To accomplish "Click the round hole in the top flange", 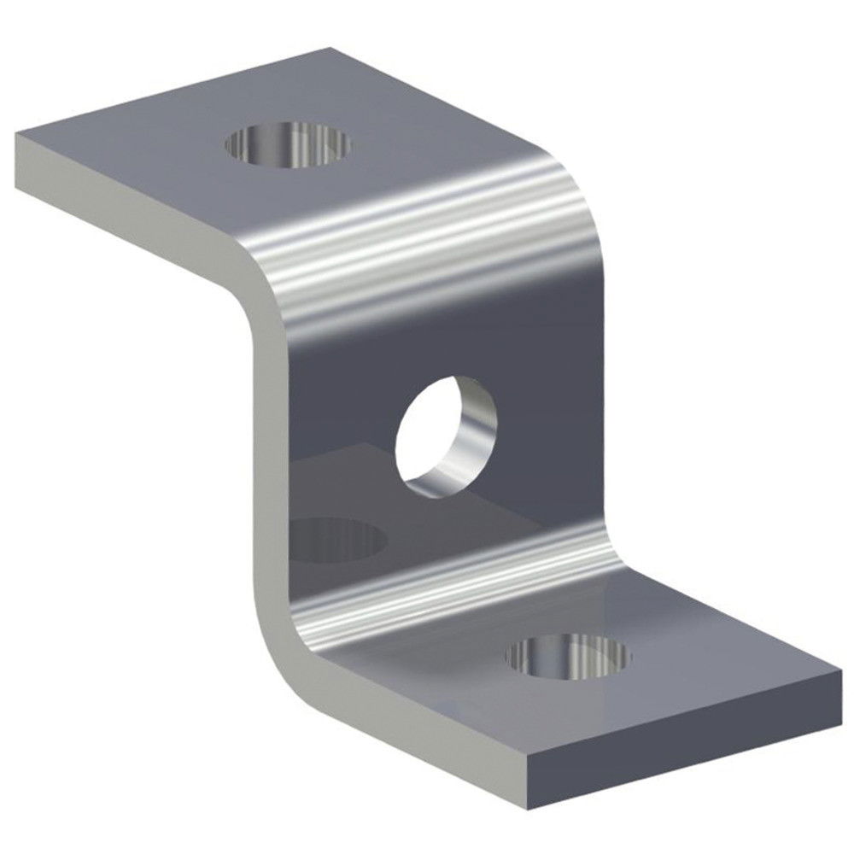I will tap(289, 143).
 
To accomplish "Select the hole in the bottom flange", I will tap(568, 656).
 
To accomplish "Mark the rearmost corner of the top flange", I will tap(329, 49).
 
